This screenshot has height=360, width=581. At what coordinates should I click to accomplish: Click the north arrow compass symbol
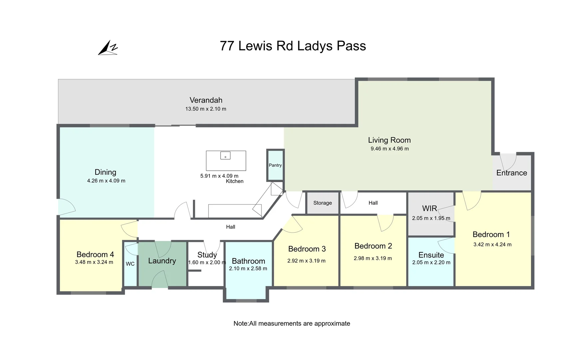click(x=108, y=48)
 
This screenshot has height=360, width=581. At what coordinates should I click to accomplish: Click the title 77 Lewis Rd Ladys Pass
click(x=292, y=46)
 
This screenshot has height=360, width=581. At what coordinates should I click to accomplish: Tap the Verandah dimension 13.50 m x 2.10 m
click(x=206, y=109)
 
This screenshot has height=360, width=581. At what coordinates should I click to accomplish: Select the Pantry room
click(x=275, y=165)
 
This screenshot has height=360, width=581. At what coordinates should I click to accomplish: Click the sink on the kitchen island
click(x=226, y=156)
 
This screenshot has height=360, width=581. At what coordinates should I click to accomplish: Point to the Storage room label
click(x=322, y=203)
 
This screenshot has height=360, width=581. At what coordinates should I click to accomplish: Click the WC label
click(x=130, y=264)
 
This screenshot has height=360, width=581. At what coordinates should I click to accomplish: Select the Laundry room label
click(x=162, y=261)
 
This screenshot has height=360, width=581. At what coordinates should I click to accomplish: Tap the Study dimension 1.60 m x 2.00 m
click(x=207, y=262)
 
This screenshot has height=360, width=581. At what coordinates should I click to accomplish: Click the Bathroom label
click(x=249, y=261)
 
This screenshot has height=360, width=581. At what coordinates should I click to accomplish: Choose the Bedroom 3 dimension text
click(x=306, y=261)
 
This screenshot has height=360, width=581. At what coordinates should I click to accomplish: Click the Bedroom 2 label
click(x=373, y=246)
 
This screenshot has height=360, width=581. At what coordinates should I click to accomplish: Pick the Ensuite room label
click(x=431, y=255)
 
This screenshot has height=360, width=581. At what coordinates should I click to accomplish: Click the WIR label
click(x=429, y=208)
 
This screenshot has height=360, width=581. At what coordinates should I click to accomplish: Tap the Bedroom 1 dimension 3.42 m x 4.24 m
click(x=492, y=244)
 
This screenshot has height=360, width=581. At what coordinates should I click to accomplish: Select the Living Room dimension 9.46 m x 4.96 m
click(x=389, y=149)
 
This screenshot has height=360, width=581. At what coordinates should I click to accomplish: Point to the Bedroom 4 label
click(x=95, y=254)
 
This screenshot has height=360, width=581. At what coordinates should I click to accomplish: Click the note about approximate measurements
click(x=291, y=323)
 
